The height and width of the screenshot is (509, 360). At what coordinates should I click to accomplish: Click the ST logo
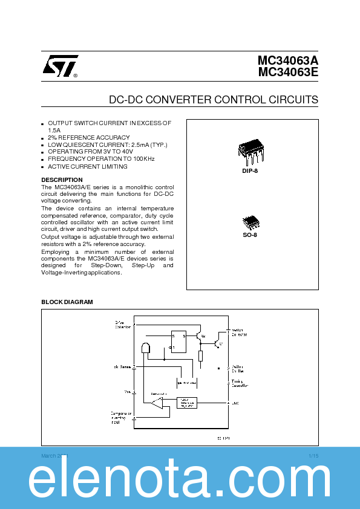(x=59, y=67)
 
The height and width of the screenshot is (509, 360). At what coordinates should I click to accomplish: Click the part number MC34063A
(x=287, y=61)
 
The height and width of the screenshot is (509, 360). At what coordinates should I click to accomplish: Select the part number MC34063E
(x=287, y=73)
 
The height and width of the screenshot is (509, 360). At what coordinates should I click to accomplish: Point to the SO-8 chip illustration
(x=250, y=222)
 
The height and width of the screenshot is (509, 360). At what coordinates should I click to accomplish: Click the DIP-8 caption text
(x=250, y=171)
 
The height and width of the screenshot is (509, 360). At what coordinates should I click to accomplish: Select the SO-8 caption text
(x=250, y=235)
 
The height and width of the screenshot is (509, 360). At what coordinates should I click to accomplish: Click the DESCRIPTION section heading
(x=62, y=180)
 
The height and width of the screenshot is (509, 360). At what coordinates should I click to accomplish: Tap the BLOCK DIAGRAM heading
(x=67, y=302)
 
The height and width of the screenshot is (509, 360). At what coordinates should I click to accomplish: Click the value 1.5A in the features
(x=54, y=130)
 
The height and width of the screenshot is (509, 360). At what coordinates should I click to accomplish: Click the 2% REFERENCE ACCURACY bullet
(x=88, y=137)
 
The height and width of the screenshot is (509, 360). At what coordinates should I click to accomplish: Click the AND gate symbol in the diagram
(x=145, y=349)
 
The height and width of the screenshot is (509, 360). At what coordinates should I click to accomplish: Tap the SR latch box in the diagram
(x=178, y=341)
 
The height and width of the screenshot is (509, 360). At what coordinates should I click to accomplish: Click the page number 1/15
(x=313, y=455)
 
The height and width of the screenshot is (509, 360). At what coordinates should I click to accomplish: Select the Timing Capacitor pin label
(x=239, y=383)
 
